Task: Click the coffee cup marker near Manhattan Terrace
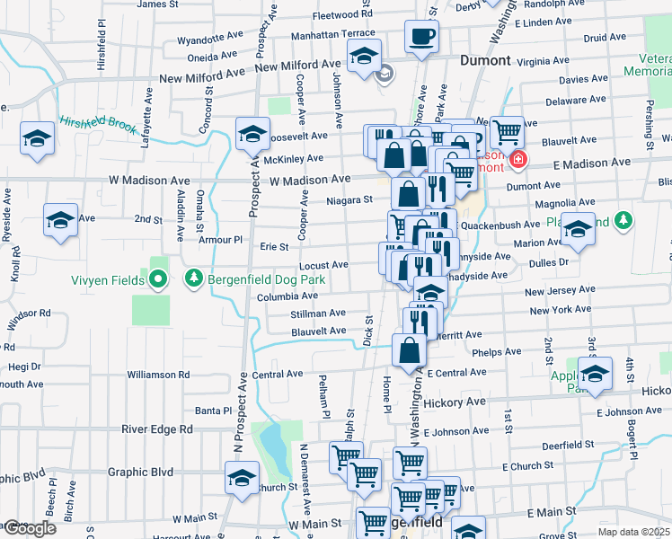422,37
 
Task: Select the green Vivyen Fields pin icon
159,280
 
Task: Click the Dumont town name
485,61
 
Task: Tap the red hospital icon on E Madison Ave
517,162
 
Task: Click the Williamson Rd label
158,374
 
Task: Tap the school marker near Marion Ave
579,231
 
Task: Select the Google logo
30,528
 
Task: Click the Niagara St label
349,200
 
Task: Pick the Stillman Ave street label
318,314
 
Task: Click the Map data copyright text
633,532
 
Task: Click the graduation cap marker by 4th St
595,373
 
